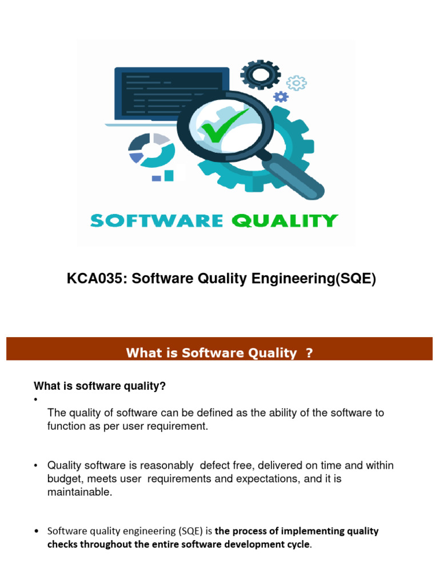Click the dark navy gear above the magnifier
[x=260, y=75]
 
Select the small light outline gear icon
[x=296, y=83]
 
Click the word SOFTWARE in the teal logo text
[x=155, y=221]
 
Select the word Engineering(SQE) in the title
[x=323, y=280]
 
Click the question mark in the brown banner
[x=309, y=353]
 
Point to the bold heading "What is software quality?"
[x=100, y=386]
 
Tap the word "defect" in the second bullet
[x=215, y=465]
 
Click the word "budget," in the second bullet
[x=63, y=479]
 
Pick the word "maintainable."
[x=79, y=493]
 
